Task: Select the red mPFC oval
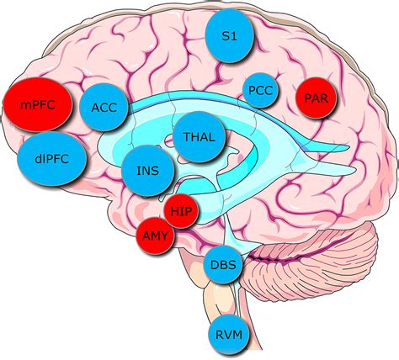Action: [38, 104]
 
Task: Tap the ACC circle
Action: [104, 107]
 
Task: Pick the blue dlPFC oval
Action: [51, 159]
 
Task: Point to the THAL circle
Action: [199, 137]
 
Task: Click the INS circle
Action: [148, 171]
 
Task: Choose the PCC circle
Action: [261, 91]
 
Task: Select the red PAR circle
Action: [316, 98]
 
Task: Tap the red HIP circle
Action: [181, 211]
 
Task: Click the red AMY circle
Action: [155, 236]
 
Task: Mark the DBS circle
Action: [223, 265]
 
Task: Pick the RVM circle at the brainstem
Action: [229, 335]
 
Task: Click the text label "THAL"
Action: [199, 137]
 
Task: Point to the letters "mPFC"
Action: [38, 105]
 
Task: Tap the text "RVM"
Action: [229, 335]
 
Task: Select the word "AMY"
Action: [155, 236]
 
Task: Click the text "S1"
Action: [230, 36]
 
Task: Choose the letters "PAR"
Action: [316, 98]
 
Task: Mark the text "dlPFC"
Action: [52, 159]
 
